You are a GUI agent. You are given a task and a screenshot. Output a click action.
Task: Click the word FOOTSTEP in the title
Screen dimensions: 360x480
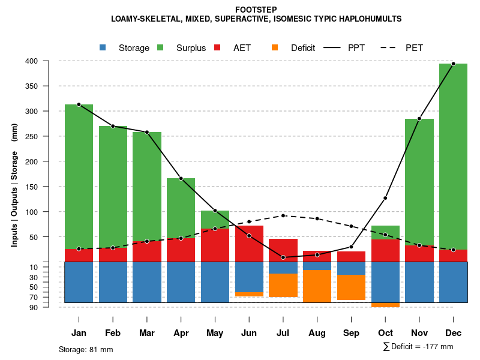click(x=256, y=10)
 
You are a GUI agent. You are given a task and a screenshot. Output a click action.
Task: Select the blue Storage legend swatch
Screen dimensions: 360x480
click(x=103, y=47)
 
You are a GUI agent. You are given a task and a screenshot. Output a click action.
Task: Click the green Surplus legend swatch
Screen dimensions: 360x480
click(x=160, y=47)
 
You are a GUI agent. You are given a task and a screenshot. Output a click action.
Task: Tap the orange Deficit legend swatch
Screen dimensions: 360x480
click(x=275, y=47)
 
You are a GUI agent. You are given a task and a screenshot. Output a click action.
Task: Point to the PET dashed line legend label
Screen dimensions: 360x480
click(x=414, y=48)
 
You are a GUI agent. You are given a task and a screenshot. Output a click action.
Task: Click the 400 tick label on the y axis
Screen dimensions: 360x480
click(x=49, y=61)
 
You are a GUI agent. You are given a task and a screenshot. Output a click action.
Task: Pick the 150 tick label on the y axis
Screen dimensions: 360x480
click(x=49, y=187)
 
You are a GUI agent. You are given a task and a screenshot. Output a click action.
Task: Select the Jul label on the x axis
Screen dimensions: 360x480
click(x=283, y=333)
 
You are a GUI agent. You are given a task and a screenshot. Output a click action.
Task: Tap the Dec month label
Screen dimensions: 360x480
click(x=453, y=333)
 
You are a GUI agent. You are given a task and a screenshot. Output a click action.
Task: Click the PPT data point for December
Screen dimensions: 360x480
click(x=453, y=64)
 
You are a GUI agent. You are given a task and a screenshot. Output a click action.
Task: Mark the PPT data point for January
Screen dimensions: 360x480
click(x=79, y=104)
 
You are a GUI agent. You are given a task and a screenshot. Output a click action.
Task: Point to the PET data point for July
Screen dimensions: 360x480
click(x=283, y=215)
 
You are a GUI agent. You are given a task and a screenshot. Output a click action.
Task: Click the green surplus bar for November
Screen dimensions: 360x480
click(x=419, y=180)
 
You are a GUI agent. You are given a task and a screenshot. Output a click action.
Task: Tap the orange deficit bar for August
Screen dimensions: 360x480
click(x=317, y=286)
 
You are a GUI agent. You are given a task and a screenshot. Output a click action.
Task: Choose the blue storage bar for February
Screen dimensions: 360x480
click(x=113, y=282)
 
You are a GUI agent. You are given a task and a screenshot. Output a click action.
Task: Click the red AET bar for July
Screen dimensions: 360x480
click(x=283, y=250)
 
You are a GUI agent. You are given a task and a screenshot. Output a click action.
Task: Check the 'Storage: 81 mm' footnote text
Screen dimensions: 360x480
click(x=86, y=349)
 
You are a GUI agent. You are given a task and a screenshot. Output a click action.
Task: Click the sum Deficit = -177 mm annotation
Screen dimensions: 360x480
click(x=418, y=347)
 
